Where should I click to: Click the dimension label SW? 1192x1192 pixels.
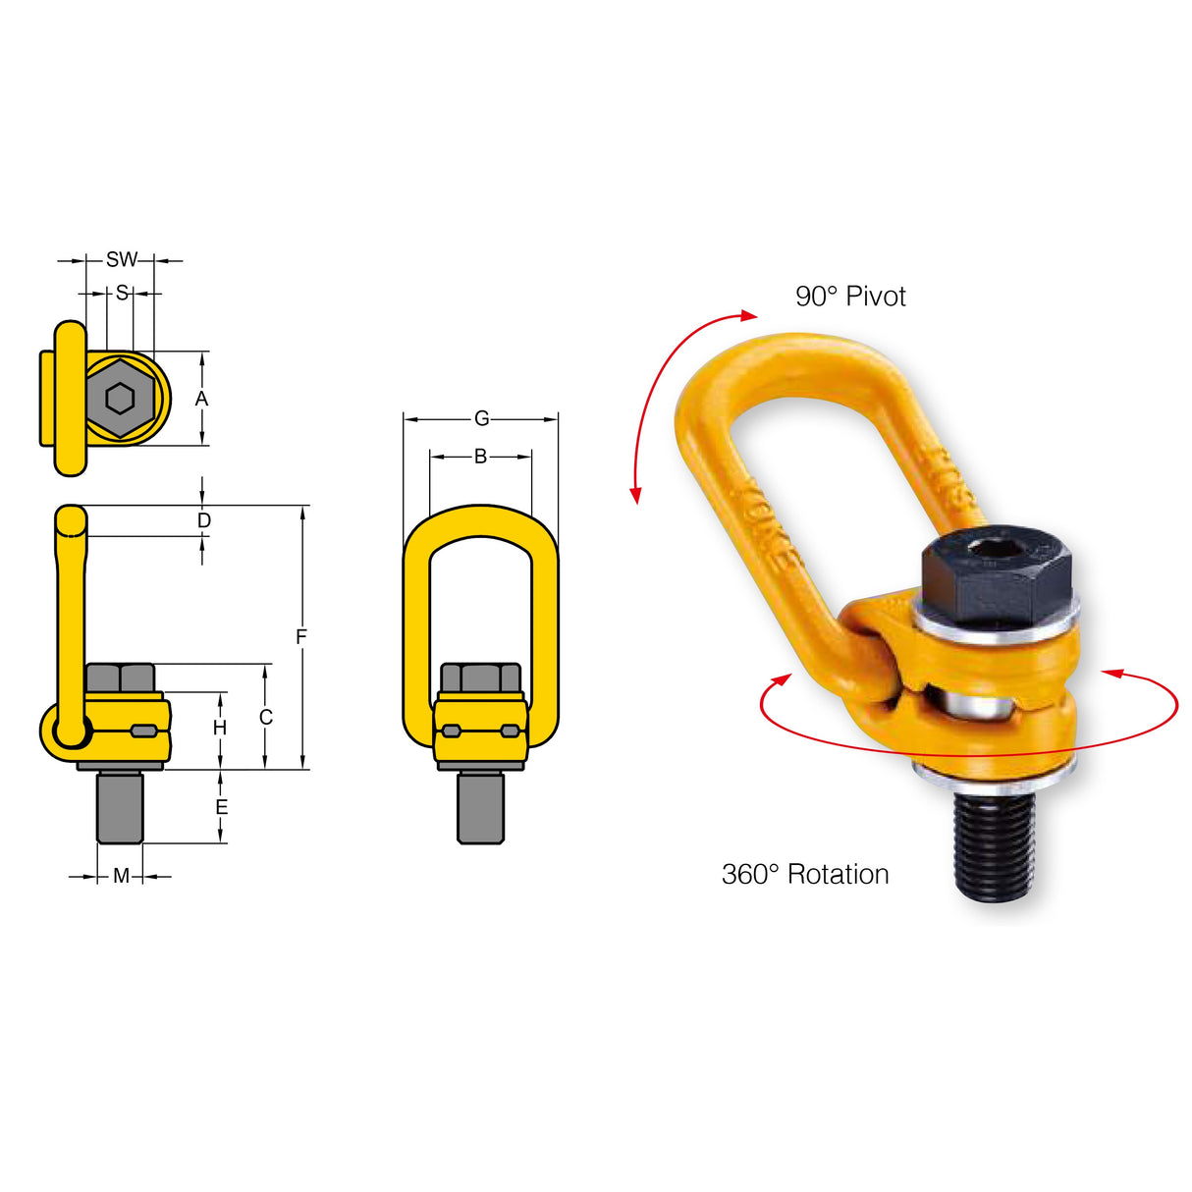pyautogui.click(x=121, y=260)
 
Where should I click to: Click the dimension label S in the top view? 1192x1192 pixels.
pyautogui.click(x=122, y=293)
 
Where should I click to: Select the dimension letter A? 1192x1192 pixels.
pyautogui.click(x=201, y=399)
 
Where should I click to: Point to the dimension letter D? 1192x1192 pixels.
pyautogui.click(x=203, y=520)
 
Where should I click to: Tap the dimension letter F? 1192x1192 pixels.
pyautogui.click(x=301, y=637)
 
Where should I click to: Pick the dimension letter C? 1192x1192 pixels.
pyautogui.click(x=266, y=718)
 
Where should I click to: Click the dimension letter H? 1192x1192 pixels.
pyautogui.click(x=220, y=728)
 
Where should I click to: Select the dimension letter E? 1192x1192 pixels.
pyautogui.click(x=221, y=807)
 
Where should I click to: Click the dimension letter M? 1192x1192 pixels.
pyautogui.click(x=121, y=876)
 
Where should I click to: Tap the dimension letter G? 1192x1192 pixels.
pyautogui.click(x=481, y=419)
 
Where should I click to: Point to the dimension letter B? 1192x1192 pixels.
pyautogui.click(x=480, y=457)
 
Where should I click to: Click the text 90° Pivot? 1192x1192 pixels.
pyautogui.click(x=850, y=297)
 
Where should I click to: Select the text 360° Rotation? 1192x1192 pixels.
pyautogui.click(x=805, y=874)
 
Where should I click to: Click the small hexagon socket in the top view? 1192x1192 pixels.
pyautogui.click(x=121, y=399)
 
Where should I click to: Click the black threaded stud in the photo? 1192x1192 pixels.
pyautogui.click(x=994, y=844)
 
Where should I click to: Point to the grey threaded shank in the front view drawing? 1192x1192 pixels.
pyautogui.click(x=480, y=807)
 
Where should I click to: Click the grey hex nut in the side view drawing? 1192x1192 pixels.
pyautogui.click(x=121, y=677)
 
